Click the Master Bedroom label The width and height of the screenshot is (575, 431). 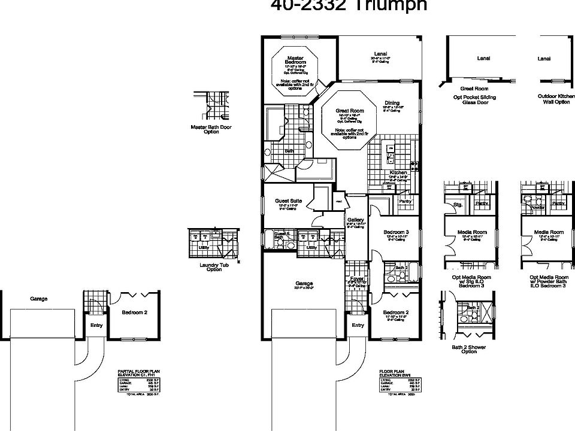pos(296,60)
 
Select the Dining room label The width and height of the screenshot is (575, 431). pos(392,102)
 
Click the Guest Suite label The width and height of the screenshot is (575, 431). pos(288,201)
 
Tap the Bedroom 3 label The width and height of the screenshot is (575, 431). pos(395,232)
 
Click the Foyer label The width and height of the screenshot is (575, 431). pos(357,278)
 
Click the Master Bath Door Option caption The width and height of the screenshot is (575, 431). pos(211,129)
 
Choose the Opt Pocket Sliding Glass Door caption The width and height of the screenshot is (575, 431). pos(474,99)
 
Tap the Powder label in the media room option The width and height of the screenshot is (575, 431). pos(537,207)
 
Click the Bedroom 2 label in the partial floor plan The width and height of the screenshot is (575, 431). pos(135,312)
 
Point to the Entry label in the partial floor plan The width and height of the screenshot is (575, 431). pos(96,326)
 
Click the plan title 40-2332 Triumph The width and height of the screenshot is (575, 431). pos(349,5)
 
